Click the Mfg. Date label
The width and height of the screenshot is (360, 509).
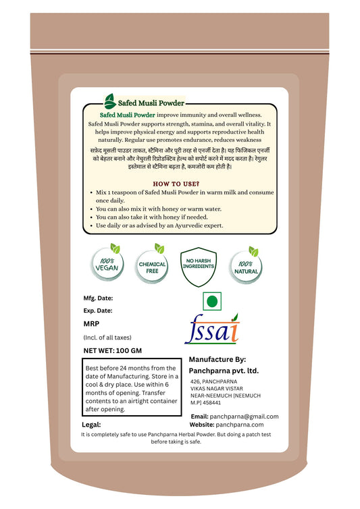[x=98, y=298]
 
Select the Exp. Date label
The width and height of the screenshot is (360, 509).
[x=97, y=311]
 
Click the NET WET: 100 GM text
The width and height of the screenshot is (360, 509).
[x=113, y=350]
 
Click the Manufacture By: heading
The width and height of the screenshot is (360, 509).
[x=217, y=359]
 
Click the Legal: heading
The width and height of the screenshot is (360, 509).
[x=91, y=425]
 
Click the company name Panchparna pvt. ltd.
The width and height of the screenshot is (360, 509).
[x=223, y=371]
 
